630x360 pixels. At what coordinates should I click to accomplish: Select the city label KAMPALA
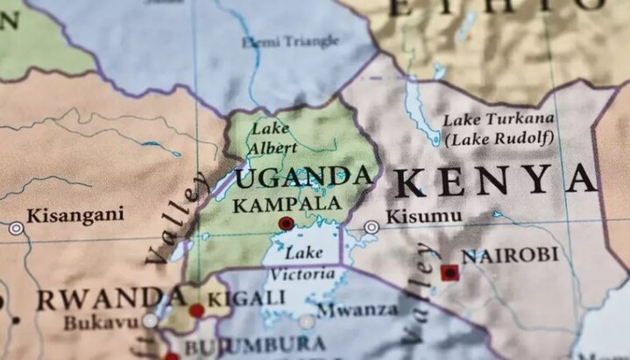[x=287, y=204]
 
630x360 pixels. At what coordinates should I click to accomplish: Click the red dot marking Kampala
[x=286, y=224]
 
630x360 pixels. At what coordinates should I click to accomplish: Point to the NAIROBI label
[x=509, y=255]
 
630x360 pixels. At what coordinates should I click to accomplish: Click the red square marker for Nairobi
[x=449, y=272]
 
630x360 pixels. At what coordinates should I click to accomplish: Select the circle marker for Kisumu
[x=372, y=227]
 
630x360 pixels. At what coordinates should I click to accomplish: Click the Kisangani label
[x=75, y=215]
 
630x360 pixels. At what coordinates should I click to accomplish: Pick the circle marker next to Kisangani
[x=16, y=228]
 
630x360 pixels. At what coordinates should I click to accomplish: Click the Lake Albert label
[x=271, y=138]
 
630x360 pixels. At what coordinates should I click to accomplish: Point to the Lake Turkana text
[x=498, y=119]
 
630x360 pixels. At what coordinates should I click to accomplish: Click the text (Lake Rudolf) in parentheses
[x=499, y=138]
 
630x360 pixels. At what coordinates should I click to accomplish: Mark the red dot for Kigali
[x=196, y=310]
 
